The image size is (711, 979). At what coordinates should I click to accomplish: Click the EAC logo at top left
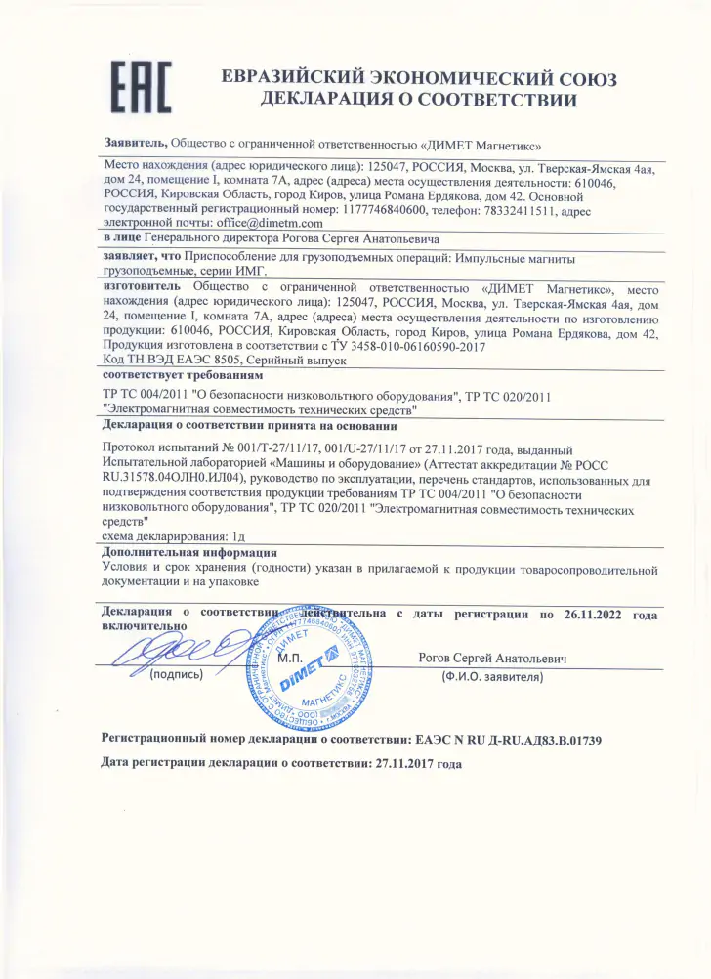143,87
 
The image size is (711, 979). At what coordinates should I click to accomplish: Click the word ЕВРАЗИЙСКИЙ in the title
303,79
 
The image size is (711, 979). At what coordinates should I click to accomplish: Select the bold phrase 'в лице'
121,237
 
